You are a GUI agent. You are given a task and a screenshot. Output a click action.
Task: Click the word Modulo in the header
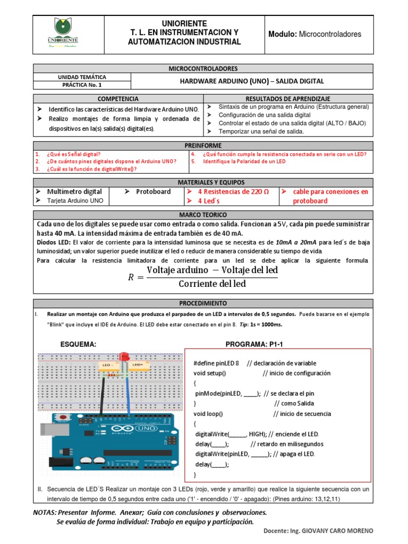283,34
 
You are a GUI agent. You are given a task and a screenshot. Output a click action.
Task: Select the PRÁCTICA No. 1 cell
82,84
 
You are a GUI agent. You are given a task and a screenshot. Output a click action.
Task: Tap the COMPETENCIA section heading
118,99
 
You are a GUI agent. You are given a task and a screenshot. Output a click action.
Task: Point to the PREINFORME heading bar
204,146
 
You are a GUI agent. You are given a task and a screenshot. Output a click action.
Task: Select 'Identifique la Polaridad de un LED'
244,161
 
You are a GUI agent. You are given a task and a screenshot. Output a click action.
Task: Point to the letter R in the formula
131,277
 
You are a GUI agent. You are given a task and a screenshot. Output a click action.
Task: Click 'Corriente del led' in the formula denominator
212,284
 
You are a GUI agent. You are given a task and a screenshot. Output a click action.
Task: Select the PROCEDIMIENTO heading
204,303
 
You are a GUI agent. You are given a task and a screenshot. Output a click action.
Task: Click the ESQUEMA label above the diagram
79,344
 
